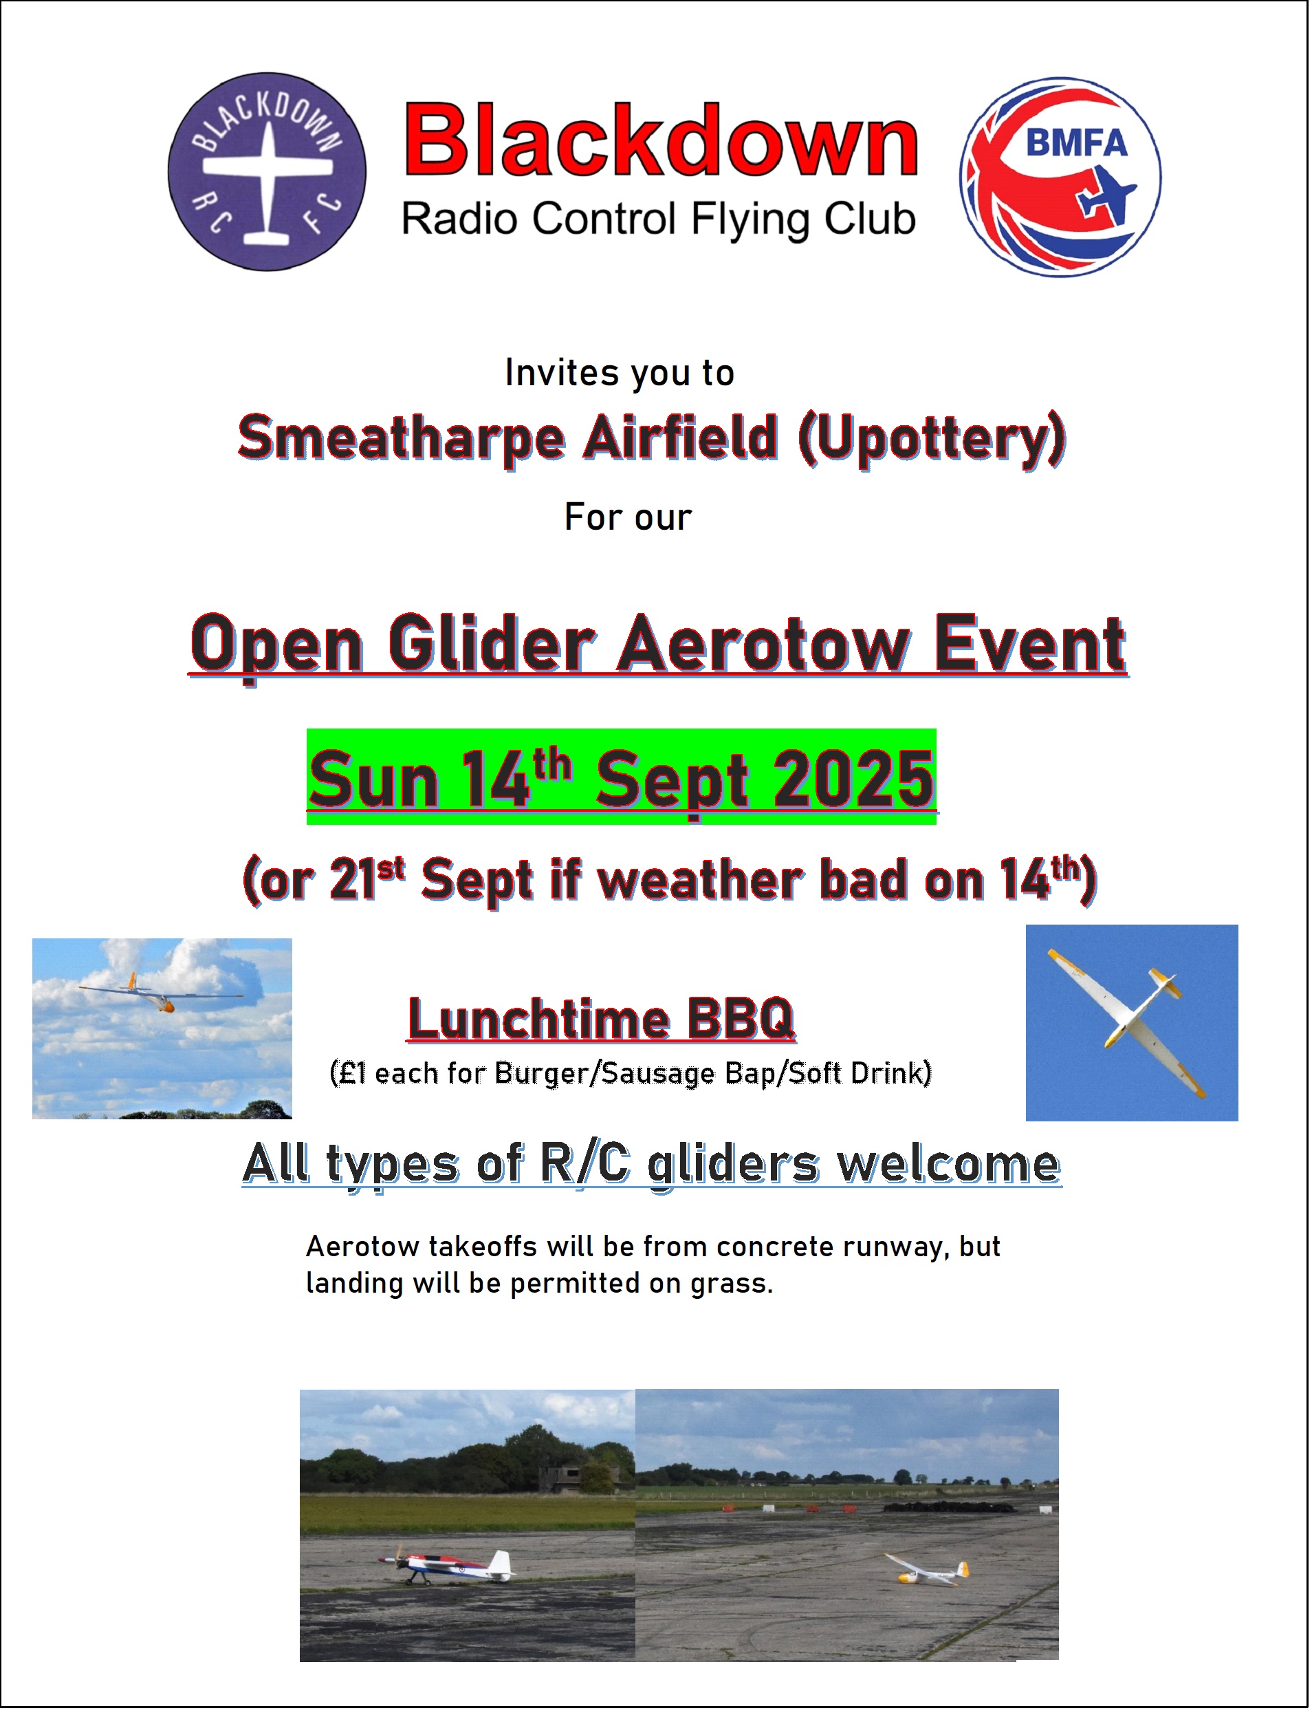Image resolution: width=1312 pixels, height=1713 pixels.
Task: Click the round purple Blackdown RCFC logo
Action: point(267,172)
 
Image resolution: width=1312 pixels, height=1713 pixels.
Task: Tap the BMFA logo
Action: point(1060,177)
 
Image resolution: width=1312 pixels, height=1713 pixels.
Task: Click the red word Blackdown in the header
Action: point(661,140)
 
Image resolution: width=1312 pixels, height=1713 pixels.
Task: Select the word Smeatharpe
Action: point(402,440)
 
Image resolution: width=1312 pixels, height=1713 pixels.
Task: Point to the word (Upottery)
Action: point(932,440)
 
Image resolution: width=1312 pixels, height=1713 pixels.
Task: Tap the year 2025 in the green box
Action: point(853,781)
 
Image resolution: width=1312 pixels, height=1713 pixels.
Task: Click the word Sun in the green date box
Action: point(373,781)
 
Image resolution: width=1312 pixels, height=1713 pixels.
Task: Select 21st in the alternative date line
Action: point(367,878)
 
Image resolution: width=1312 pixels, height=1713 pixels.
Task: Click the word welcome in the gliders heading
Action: point(949,1165)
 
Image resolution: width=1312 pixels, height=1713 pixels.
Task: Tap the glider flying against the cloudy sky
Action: point(161,993)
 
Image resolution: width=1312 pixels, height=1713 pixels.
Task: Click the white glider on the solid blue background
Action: point(1128,1022)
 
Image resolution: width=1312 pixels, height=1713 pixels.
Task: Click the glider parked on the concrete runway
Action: point(928,1570)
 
